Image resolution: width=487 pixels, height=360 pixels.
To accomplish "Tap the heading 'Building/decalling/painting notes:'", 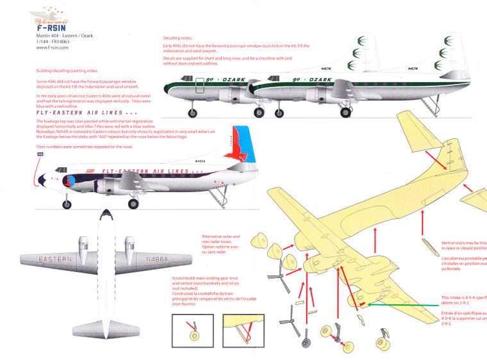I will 70,71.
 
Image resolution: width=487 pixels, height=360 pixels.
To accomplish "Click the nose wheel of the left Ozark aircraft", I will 192,113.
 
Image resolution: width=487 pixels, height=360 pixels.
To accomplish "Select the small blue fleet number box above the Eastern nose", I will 41,154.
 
